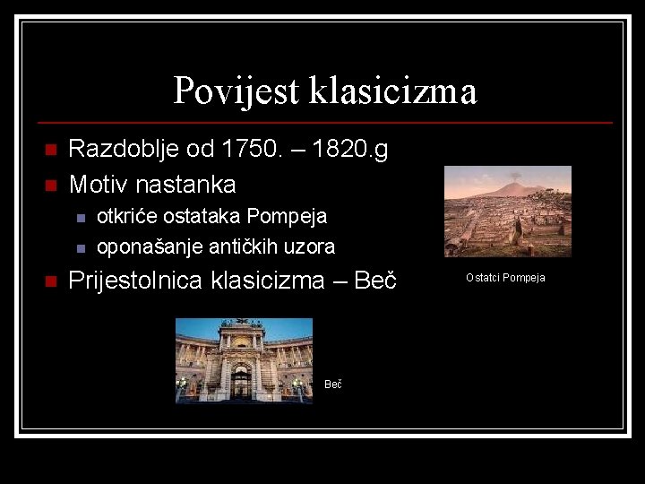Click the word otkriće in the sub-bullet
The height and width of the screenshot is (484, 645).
pyautogui.click(x=126, y=217)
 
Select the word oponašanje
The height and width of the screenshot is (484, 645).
pyautogui.click(x=146, y=246)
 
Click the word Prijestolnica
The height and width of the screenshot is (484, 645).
pyautogui.click(x=136, y=281)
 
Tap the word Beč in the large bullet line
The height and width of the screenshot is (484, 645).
pyautogui.click(x=376, y=281)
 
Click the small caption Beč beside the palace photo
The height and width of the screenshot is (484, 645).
pyautogui.click(x=332, y=385)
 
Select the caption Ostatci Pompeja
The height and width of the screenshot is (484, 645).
pyautogui.click(x=505, y=278)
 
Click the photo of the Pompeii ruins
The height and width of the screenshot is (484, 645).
pyautogui.click(x=507, y=212)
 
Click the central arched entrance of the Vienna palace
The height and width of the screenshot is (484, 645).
pyautogui.click(x=241, y=380)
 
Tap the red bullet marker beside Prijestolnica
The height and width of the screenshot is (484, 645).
pyautogui.click(x=50, y=281)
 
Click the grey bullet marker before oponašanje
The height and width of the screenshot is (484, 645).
pyautogui.click(x=80, y=247)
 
